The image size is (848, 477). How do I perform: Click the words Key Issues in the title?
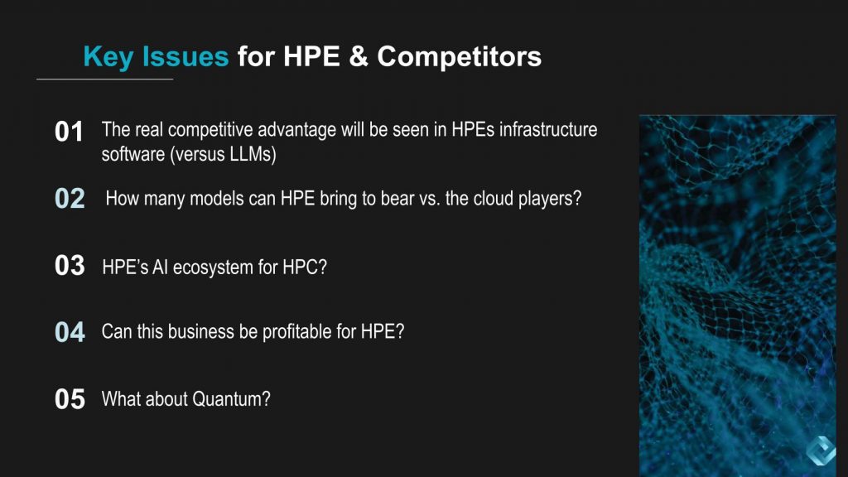pyautogui.click(x=156, y=56)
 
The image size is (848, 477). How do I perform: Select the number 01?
pyautogui.click(x=70, y=132)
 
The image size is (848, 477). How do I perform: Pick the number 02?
pyautogui.click(x=70, y=199)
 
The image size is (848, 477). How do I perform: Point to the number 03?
pyautogui.click(x=70, y=266)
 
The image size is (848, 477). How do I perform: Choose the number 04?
pyautogui.click(x=70, y=332)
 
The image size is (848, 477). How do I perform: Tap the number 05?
pyautogui.click(x=70, y=399)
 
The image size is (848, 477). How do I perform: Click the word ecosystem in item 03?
pyautogui.click(x=214, y=268)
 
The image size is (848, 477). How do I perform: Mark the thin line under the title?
pyautogui.click(x=104, y=79)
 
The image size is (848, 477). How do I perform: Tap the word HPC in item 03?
pyautogui.click(x=306, y=268)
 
